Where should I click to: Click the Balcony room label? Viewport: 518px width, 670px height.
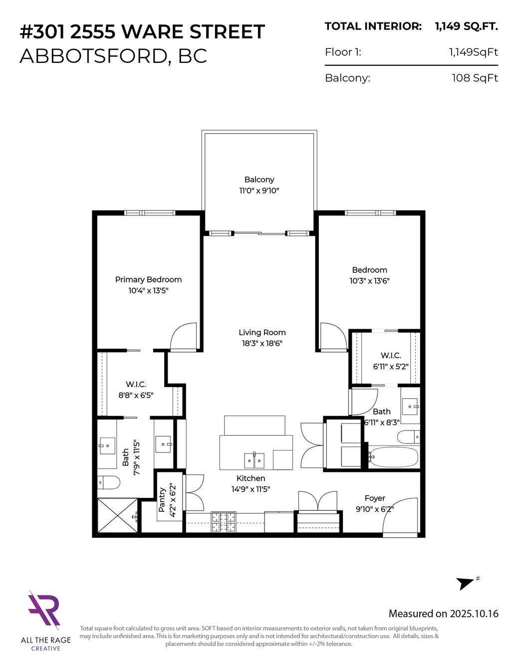(x=259, y=180)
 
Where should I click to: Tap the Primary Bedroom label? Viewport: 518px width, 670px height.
(x=148, y=280)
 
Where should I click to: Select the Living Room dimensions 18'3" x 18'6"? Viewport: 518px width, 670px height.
(x=262, y=343)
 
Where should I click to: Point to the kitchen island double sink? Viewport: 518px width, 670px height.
(x=254, y=460)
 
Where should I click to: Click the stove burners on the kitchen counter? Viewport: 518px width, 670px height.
(x=223, y=522)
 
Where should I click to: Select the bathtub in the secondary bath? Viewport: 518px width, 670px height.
(x=394, y=457)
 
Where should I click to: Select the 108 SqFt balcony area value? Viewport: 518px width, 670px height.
(x=475, y=78)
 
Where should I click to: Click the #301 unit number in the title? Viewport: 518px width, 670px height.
(x=42, y=31)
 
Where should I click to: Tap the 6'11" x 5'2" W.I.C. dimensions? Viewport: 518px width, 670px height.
(x=391, y=367)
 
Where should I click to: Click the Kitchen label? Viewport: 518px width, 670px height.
(x=251, y=478)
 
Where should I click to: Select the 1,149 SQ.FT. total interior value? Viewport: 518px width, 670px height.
(x=467, y=26)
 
